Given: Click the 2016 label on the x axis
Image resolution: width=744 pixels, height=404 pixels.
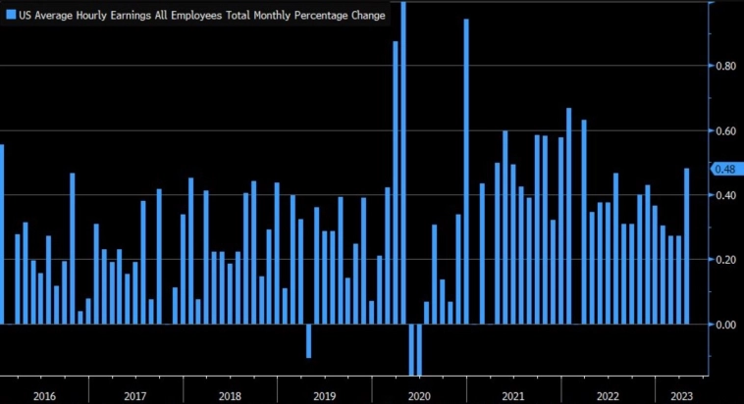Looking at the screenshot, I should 43,395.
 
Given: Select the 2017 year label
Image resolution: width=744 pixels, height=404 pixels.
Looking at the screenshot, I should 135,395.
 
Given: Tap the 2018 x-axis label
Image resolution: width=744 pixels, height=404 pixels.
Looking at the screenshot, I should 229,395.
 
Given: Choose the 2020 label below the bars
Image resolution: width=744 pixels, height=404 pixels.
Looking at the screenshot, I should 418,395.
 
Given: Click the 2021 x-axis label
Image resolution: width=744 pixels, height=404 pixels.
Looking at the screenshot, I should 511,395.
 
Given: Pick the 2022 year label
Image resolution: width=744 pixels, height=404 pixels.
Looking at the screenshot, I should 607,395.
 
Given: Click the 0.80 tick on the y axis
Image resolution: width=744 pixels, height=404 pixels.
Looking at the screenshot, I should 725,67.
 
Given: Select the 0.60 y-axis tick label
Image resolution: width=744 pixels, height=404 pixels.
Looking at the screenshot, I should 725,131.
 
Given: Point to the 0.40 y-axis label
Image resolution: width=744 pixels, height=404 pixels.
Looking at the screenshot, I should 725,195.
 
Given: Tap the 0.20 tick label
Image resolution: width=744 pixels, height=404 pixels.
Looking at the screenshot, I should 725,260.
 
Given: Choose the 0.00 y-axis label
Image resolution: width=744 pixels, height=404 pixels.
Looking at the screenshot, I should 725,325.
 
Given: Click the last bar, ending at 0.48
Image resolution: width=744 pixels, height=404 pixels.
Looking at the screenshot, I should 686,245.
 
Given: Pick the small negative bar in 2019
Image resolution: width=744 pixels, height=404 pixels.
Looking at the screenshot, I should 308,340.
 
